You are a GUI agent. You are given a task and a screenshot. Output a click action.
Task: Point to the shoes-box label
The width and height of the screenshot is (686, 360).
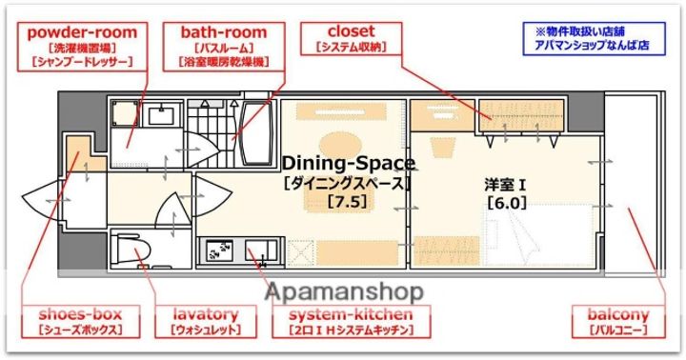click(80, 321)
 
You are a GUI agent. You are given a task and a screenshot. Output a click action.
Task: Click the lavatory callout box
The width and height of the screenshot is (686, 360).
click(205, 321)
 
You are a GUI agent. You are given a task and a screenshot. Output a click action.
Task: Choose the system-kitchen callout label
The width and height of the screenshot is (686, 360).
click(350, 321)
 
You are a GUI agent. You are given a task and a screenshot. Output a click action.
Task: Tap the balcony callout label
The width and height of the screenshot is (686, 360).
click(619, 321)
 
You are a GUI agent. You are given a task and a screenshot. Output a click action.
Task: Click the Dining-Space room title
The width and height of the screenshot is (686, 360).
click(346, 164)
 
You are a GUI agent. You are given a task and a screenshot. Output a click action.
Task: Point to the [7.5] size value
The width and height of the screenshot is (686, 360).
click(347, 201)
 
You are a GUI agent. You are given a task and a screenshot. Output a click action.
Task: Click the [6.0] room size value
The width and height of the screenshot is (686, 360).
click(506, 202)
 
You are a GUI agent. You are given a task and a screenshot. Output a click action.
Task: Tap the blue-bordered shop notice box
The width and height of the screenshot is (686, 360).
click(592, 38)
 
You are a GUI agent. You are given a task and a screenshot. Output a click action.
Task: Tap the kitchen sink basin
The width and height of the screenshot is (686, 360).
click(255, 251)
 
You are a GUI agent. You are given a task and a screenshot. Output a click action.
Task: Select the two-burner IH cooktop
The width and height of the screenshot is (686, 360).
click(217, 251)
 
